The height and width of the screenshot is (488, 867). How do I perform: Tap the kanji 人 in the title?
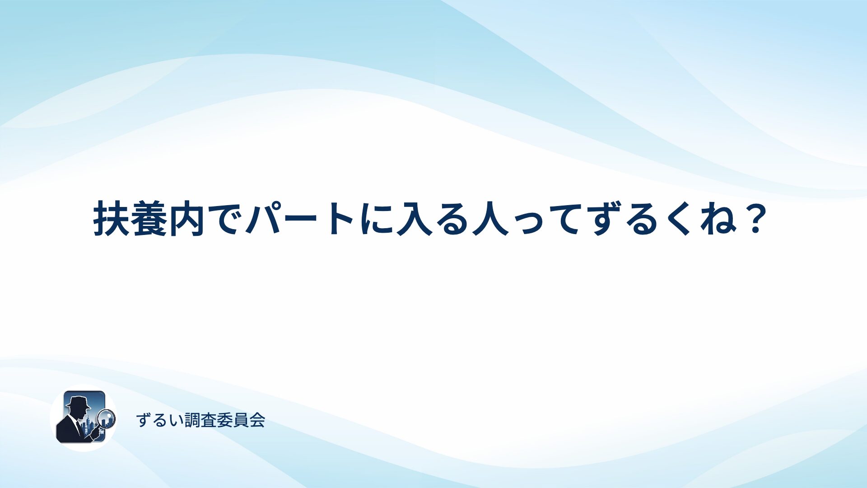click(x=490, y=219)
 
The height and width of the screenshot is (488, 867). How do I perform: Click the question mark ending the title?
click(x=755, y=219)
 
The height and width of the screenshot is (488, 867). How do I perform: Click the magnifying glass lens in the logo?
click(x=106, y=418)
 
